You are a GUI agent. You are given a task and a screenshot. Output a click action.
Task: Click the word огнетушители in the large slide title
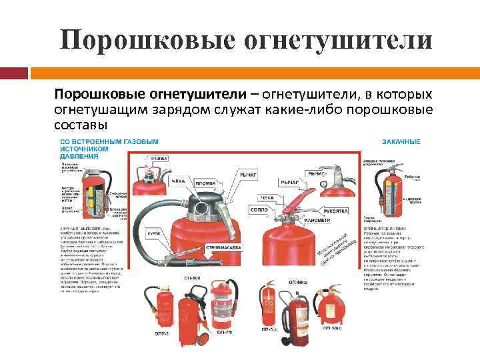[334, 39]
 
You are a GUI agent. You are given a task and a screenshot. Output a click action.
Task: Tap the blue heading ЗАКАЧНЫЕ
[401, 141]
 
